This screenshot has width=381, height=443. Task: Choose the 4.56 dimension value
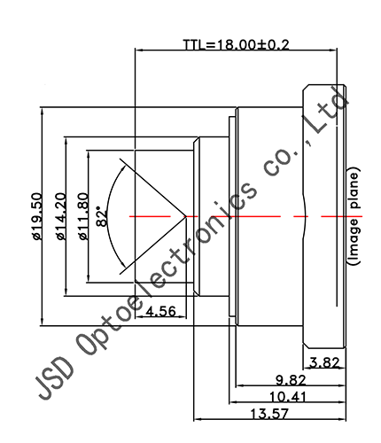pyautogui.click(x=160, y=311)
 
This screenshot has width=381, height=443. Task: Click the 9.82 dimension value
pyautogui.click(x=291, y=379)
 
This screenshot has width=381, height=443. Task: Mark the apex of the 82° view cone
pyautogui.click(x=184, y=215)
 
